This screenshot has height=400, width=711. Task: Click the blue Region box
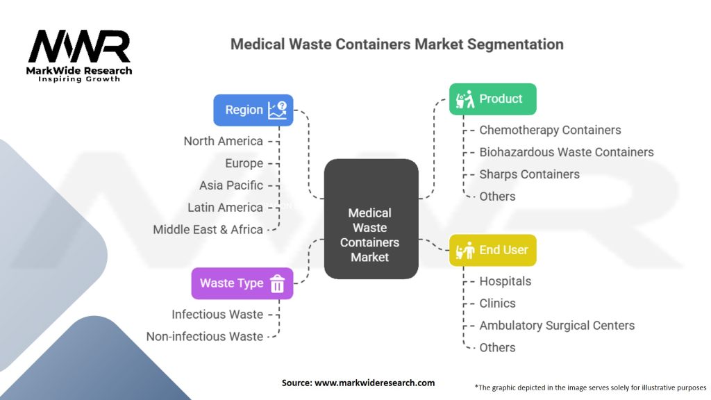253,110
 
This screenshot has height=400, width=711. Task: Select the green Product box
492,99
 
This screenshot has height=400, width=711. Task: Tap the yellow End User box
492,250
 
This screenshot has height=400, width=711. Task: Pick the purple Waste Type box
242,283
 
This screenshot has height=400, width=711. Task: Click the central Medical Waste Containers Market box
371,235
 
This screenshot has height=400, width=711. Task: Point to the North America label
223,141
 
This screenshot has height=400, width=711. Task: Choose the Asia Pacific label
231,185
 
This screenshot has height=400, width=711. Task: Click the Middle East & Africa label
208,229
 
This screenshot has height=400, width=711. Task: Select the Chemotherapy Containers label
550,130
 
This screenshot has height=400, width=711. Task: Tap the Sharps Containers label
529,174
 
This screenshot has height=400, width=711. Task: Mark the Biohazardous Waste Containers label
566,152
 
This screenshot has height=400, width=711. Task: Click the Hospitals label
505,281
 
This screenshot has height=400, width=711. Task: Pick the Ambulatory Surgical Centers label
557,325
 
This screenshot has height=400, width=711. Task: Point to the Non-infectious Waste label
204,336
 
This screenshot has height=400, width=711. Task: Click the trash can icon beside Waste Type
277,283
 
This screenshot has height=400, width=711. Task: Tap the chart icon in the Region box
278,110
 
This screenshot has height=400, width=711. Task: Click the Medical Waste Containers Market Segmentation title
396,44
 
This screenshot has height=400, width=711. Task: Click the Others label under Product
497,197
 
